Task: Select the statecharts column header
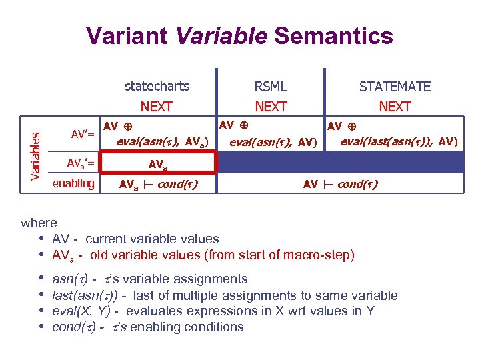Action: coord(157,86)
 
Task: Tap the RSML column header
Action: coord(271,87)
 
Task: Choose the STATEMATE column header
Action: coord(395,87)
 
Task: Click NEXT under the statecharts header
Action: coord(157,107)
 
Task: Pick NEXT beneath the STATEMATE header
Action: coord(395,107)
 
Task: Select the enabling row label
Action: coord(73,183)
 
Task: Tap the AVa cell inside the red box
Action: coord(158,163)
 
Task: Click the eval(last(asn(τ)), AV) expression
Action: coord(399,141)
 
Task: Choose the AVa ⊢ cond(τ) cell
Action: coord(158,184)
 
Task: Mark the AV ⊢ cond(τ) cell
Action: coord(340,184)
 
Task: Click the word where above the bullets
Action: coord(39,223)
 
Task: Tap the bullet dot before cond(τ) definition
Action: coord(42,327)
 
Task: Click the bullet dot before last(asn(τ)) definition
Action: coord(42,295)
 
